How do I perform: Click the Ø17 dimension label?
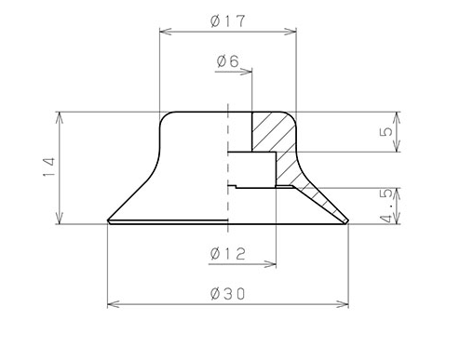pos(228,20)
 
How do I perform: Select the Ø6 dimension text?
pos(228,61)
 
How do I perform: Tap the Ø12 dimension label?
pos(228,254)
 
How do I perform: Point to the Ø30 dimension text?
pos(228,294)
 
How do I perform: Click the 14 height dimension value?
pos(49,167)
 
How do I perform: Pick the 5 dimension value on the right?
pos(386,132)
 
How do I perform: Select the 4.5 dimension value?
pos(387,206)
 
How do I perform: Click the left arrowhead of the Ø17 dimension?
pos(165,32)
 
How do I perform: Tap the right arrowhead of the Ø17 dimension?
pos(291,32)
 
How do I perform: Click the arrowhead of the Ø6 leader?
pos(246,72)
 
